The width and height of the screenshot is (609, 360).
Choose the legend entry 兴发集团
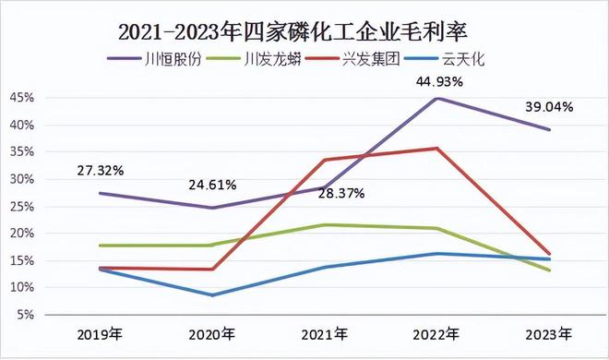[x=365, y=59]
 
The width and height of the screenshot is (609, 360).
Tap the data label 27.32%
[x=100, y=172]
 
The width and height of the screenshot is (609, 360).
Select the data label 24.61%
[x=212, y=185]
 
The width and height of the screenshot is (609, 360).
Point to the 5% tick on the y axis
[x=25, y=315]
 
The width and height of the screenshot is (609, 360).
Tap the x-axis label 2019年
[x=100, y=333]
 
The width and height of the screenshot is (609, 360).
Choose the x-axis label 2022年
[x=436, y=333]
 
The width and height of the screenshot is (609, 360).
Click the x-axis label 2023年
[x=548, y=333]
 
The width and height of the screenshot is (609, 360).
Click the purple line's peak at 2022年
[x=436, y=98]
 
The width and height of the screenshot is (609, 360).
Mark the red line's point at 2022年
[x=436, y=148]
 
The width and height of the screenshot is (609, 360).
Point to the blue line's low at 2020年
[x=212, y=295]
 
